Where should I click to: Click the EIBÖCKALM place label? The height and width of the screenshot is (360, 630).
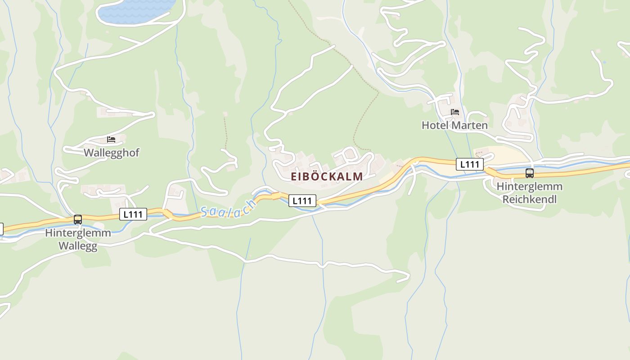point(327,176)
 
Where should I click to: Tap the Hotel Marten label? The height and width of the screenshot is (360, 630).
point(454,125)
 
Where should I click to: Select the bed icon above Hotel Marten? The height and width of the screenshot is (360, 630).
point(455,112)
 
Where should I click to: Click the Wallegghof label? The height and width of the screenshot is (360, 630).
point(112,153)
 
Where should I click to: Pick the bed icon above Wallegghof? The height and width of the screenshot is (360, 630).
point(111,139)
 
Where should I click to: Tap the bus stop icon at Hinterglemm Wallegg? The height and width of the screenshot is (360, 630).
point(78,220)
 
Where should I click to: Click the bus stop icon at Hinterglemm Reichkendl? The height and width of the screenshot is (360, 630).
point(530,173)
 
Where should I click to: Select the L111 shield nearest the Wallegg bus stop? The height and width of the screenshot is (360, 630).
point(133,214)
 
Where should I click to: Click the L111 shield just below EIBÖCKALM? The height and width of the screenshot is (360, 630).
point(302,201)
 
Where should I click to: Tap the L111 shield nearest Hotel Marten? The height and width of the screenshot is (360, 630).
point(470,164)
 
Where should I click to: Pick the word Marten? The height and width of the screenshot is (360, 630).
point(470,125)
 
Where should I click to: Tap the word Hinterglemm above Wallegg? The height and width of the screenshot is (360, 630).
point(78,233)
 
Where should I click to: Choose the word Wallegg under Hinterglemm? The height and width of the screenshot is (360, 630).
point(78,246)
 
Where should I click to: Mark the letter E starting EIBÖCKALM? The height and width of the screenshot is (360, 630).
point(294,176)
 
